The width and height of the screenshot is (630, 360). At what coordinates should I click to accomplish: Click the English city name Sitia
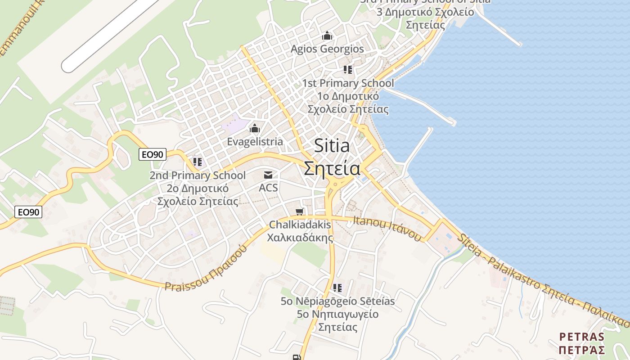[x=332, y=145]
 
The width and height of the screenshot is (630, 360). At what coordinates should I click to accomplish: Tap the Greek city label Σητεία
[x=332, y=169]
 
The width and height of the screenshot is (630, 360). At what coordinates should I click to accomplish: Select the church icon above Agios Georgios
[x=327, y=36]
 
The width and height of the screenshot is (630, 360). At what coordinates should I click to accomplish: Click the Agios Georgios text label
[x=327, y=49]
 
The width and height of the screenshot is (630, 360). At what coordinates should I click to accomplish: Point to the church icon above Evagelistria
[x=255, y=129]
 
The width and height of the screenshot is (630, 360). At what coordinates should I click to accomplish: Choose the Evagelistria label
[x=255, y=141]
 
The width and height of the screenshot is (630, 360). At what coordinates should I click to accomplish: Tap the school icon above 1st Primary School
[x=348, y=70]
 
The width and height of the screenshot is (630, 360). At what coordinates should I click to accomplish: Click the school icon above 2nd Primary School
[x=198, y=162]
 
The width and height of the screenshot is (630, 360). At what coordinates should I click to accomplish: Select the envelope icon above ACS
[x=268, y=175]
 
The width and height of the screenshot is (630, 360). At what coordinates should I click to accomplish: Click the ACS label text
[x=268, y=187]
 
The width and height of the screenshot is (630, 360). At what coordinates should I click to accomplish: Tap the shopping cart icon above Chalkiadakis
[x=300, y=211]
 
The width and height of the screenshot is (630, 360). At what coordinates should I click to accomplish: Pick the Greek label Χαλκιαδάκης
[x=300, y=237]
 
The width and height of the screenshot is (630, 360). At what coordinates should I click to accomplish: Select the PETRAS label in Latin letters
[x=581, y=337]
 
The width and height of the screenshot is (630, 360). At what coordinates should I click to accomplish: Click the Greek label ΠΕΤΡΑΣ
[x=581, y=350]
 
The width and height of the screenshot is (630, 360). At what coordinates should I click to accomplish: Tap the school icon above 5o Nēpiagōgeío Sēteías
[x=337, y=288]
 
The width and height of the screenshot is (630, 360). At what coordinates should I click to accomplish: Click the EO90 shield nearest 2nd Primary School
[x=153, y=154]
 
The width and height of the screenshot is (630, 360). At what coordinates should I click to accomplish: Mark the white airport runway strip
[x=110, y=34]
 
